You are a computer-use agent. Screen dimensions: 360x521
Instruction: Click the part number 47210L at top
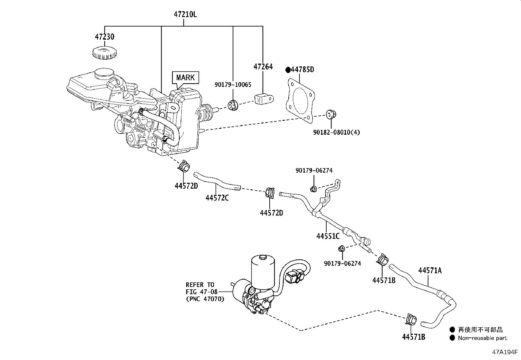pos(185,14)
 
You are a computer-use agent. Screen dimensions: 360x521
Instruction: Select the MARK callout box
pos(185,78)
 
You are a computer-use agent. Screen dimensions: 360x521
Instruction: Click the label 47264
pos(263,67)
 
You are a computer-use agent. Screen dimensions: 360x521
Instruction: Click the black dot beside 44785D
pos(288,70)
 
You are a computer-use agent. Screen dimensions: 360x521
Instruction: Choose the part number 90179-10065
pos(233,85)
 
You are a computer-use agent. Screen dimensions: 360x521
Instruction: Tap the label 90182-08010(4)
pos(336,133)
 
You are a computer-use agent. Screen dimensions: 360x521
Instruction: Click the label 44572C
pos(217,198)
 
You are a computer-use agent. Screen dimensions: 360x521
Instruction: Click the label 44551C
pos(328,236)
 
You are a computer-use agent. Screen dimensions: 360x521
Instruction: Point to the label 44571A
pos(430,271)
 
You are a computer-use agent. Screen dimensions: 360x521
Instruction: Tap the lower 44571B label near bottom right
pos(414,337)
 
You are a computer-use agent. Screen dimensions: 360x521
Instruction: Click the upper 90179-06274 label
pos(314,171)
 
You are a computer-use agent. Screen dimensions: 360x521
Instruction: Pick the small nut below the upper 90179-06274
pos(313,189)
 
